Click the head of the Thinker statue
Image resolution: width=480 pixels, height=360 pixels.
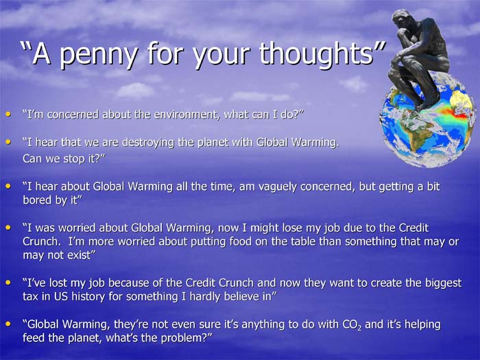click(x=401, y=19)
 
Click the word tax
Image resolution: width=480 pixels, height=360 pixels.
click(x=30, y=297)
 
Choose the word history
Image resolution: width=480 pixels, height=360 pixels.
click(x=88, y=297)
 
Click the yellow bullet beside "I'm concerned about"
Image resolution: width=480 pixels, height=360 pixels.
click(x=8, y=115)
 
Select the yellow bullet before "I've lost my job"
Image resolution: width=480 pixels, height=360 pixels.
click(x=8, y=283)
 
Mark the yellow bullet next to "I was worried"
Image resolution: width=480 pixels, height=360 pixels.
click(x=8, y=228)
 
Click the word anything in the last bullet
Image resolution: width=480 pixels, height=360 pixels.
click(x=263, y=325)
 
